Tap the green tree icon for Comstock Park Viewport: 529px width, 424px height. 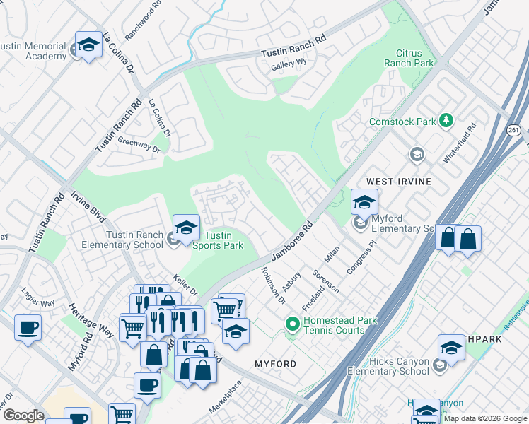(446, 121)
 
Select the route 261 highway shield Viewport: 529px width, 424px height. (514, 131)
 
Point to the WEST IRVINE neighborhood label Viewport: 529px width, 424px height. (398, 182)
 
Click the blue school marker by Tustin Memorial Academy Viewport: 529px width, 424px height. (89, 46)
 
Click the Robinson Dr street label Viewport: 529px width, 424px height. (272, 285)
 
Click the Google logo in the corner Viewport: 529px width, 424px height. (23, 416)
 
